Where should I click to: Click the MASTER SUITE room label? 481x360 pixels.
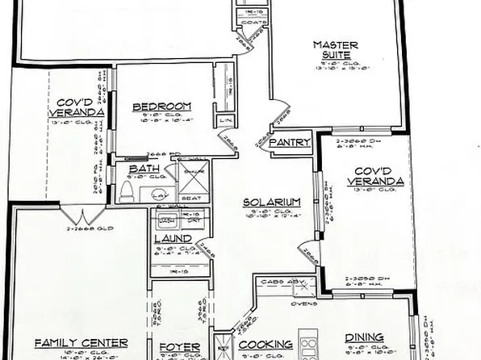[336, 49]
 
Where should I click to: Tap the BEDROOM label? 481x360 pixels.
[161, 107]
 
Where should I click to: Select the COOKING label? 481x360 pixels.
[265, 345]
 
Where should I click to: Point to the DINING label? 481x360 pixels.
[363, 339]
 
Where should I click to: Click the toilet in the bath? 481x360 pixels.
[127, 191]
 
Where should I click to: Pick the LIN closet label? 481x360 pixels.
[224, 122]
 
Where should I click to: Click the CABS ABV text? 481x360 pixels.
[282, 282]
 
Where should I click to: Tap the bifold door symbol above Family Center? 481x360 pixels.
[86, 217]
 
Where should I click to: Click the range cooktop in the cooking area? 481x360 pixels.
[307, 345]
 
